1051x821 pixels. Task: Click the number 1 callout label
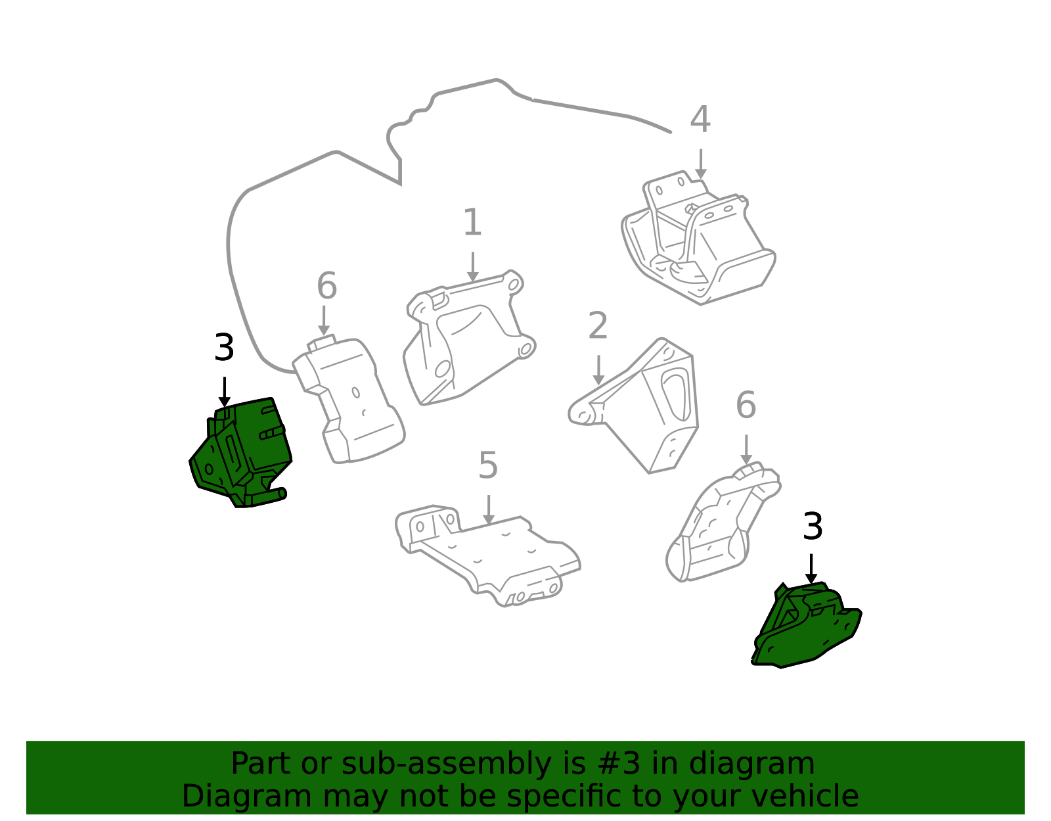point(472,223)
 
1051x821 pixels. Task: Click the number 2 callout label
point(597,326)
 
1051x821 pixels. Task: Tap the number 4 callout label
point(700,120)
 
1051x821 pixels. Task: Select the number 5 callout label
point(487,466)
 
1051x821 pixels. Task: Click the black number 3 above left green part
point(224,348)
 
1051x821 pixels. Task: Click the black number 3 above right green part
point(813,527)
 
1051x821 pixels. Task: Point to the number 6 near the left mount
point(326,287)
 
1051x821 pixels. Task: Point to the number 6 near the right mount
point(746,405)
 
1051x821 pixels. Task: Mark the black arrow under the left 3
point(225,392)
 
